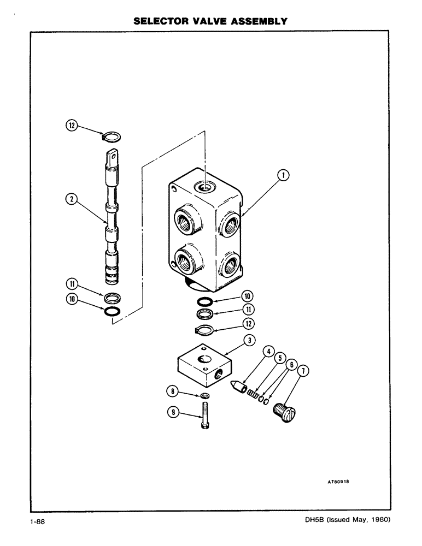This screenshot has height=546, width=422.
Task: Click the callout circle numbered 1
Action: coord(282,175)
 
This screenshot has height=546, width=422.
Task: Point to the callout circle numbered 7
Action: coord(304,372)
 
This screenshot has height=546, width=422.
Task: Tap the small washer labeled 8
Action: coord(204,395)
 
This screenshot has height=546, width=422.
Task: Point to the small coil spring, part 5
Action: coord(252,393)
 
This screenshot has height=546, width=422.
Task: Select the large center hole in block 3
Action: coord(205,359)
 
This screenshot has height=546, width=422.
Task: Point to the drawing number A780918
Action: coord(338,482)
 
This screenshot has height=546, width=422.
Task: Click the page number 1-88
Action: coord(38,522)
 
